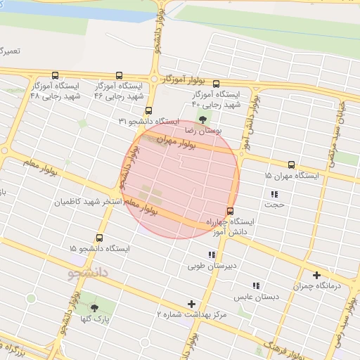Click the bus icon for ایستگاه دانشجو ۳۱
pyautogui.click(x=148, y=110)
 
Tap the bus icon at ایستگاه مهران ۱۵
pyautogui.click(x=291, y=164)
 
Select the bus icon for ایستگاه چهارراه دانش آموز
pyautogui.click(x=230, y=211)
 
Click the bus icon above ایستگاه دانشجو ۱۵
pyautogui.click(x=99, y=238)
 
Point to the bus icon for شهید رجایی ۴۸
pyautogui.click(x=55, y=75)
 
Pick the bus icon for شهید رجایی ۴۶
pyautogui.click(x=118, y=75)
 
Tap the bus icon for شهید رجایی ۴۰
pyautogui.click(x=215, y=83)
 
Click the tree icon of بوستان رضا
pyautogui.click(x=203, y=119)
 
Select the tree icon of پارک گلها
pyautogui.click(x=94, y=308)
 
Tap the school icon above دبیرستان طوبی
pyautogui.click(x=211, y=255)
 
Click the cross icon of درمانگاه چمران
pyautogui.click(x=316, y=275)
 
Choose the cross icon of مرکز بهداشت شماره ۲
pyautogui.click(x=191, y=304)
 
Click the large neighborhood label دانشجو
pyautogui.click(x=88, y=271)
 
